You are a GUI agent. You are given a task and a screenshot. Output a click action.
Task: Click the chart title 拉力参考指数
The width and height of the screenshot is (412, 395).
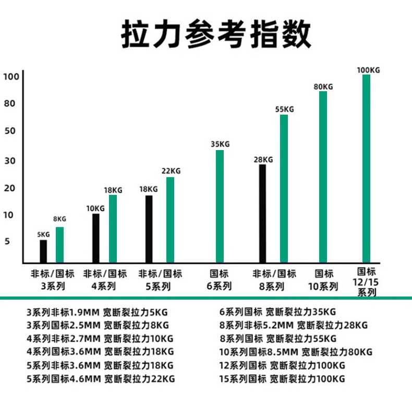tap(215, 35)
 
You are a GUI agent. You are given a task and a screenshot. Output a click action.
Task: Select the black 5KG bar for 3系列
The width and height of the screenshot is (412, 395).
tap(43, 251)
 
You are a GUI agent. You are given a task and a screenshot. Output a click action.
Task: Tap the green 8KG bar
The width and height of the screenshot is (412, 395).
tap(59, 244)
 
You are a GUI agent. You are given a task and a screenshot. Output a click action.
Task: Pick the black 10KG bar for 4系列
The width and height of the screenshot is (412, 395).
tap(96, 238)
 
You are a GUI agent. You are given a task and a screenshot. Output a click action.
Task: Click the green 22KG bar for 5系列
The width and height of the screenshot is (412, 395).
tap(170, 219)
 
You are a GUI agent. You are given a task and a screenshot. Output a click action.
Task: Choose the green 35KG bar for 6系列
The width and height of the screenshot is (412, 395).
tap(220, 206)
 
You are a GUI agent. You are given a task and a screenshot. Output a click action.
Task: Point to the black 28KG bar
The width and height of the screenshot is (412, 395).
tap(262, 213)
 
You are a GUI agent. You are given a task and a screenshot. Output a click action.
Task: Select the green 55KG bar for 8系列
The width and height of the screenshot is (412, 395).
tap(284, 188)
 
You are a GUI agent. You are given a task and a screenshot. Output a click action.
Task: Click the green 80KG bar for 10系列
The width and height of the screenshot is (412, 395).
tap(323, 177)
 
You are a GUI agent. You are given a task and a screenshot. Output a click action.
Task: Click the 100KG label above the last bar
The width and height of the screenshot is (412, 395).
tap(368, 70)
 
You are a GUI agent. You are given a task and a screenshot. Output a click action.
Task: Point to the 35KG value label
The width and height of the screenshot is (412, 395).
tap(220, 144)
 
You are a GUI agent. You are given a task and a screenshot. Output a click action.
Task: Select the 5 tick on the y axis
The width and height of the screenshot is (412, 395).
tap(8, 241)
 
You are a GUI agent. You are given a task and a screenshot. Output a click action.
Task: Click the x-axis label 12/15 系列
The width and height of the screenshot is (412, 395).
tap(367, 282)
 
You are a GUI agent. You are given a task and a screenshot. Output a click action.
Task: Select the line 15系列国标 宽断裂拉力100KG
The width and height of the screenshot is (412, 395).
tap(282, 379)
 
